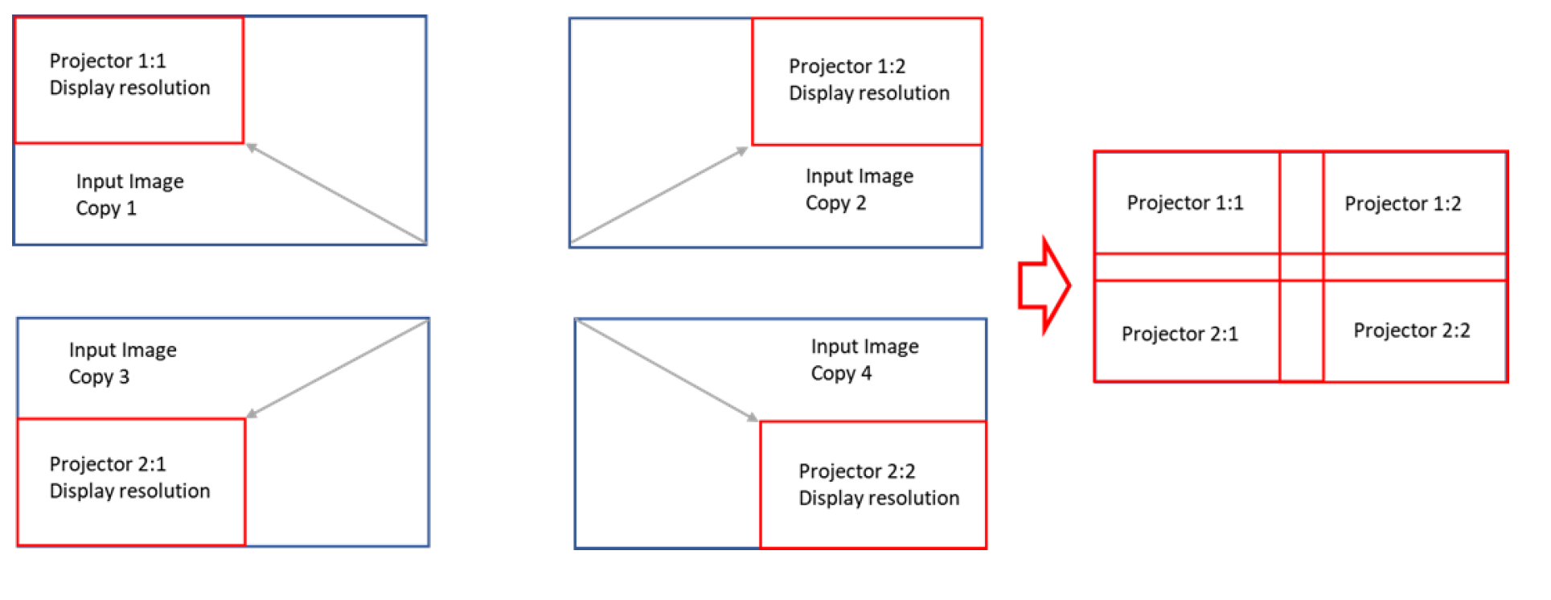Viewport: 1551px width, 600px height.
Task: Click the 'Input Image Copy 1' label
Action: point(129,195)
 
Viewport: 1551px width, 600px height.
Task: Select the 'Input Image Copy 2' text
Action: point(859,189)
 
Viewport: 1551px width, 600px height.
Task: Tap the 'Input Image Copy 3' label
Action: point(122,363)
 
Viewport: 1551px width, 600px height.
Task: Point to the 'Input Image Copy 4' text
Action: point(864,360)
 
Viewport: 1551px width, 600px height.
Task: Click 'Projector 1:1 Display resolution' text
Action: point(129,74)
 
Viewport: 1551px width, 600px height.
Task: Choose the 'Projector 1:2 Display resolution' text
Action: point(868,80)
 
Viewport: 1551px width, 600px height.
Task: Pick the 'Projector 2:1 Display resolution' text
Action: point(129,477)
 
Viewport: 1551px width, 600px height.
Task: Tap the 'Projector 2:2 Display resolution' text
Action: point(878,484)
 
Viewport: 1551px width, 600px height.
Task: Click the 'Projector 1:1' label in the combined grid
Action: point(1184,203)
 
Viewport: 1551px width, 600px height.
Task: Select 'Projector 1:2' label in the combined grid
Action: point(1402,203)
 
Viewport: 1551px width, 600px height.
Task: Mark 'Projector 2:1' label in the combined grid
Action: point(1180,334)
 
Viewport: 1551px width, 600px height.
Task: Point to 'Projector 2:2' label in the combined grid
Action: point(1411,331)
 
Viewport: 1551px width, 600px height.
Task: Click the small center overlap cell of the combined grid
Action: point(1301,267)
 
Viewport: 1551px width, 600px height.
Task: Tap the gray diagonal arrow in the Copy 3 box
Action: point(338,367)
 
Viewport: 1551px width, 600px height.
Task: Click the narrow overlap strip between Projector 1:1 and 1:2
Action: point(1301,203)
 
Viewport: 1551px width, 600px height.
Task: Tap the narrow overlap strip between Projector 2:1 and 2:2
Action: point(1301,331)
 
